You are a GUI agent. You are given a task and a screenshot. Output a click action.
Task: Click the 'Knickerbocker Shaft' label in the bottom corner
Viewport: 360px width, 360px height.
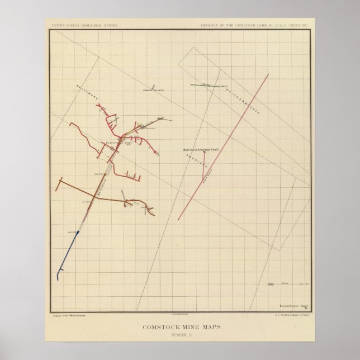(293, 305)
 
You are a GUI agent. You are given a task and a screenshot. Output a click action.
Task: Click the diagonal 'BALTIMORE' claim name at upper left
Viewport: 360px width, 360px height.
(88, 93)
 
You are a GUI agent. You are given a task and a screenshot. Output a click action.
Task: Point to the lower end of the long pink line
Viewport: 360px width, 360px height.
(179, 219)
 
